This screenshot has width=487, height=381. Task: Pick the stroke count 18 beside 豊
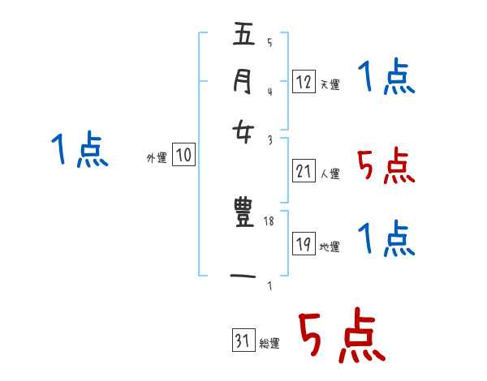pyautogui.click(x=270, y=220)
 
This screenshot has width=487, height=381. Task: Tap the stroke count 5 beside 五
pyautogui.click(x=269, y=43)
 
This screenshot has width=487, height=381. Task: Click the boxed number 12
pyautogui.click(x=303, y=81)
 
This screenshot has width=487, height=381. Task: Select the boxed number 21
pyautogui.click(x=304, y=171)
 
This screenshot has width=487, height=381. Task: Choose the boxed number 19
pyautogui.click(x=304, y=244)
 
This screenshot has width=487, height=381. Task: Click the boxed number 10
pyautogui.click(x=184, y=156)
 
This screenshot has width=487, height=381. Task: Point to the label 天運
pyautogui.click(x=330, y=84)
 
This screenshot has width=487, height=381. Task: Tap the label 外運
pyautogui.click(x=157, y=159)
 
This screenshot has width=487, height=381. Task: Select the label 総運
pyautogui.click(x=269, y=344)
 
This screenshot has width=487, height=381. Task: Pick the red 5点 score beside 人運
pyautogui.click(x=385, y=166)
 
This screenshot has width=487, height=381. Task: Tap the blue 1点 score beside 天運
pyautogui.click(x=386, y=78)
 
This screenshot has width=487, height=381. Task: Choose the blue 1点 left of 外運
pyautogui.click(x=80, y=150)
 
